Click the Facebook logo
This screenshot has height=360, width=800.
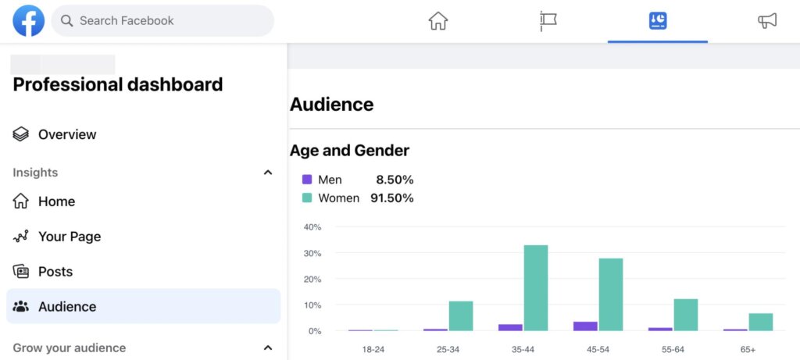point(29,21)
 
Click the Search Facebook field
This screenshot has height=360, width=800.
point(162,21)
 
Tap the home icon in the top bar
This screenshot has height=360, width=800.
point(438,21)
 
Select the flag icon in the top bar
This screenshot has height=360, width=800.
point(548,21)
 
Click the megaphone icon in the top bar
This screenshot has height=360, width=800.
point(767,21)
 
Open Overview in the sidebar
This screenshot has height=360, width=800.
point(67,134)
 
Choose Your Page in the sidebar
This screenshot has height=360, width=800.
point(69,237)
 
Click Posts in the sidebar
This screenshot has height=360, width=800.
point(55,272)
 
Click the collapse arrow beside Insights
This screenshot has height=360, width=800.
point(268,173)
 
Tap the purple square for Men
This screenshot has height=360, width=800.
point(307,180)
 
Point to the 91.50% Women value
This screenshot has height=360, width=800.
point(391,198)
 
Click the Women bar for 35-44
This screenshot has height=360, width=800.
point(535,287)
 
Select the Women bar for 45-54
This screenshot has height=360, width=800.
point(611,294)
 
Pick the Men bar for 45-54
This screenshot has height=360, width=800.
point(585,326)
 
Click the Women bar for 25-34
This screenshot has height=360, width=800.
point(461,315)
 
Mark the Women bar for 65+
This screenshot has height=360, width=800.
point(760,322)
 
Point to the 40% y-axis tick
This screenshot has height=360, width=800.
point(312,227)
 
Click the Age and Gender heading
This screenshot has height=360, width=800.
point(349,151)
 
